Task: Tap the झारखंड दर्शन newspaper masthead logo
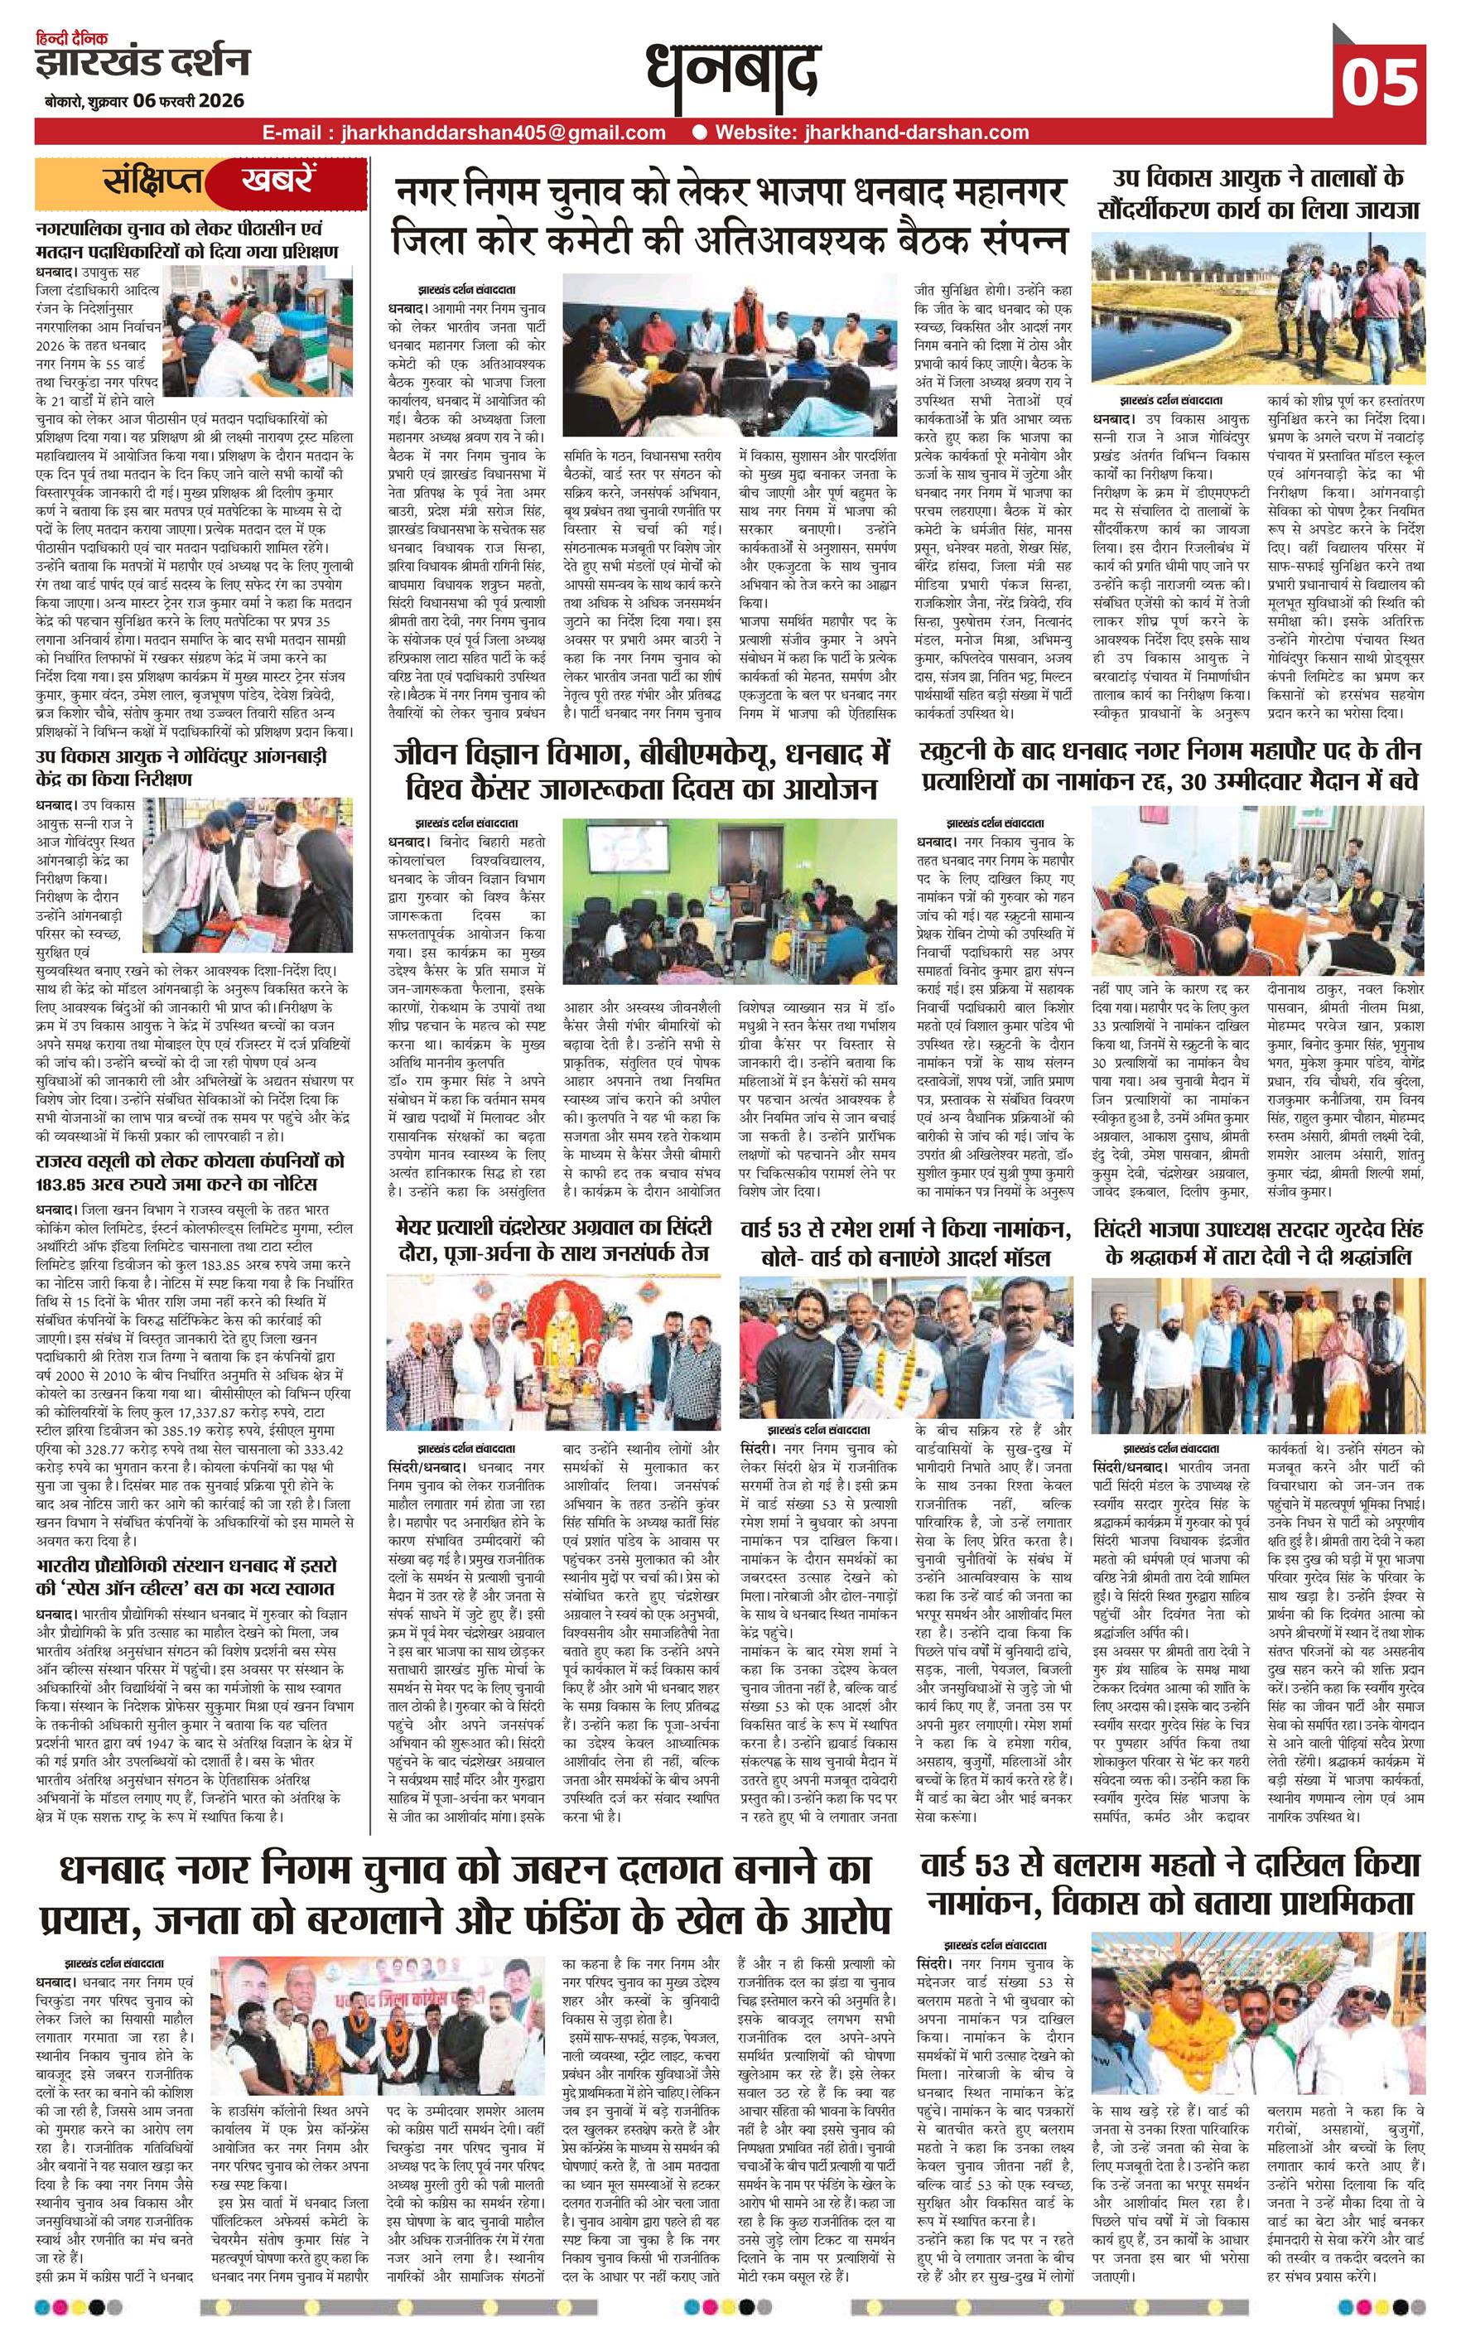(144, 63)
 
